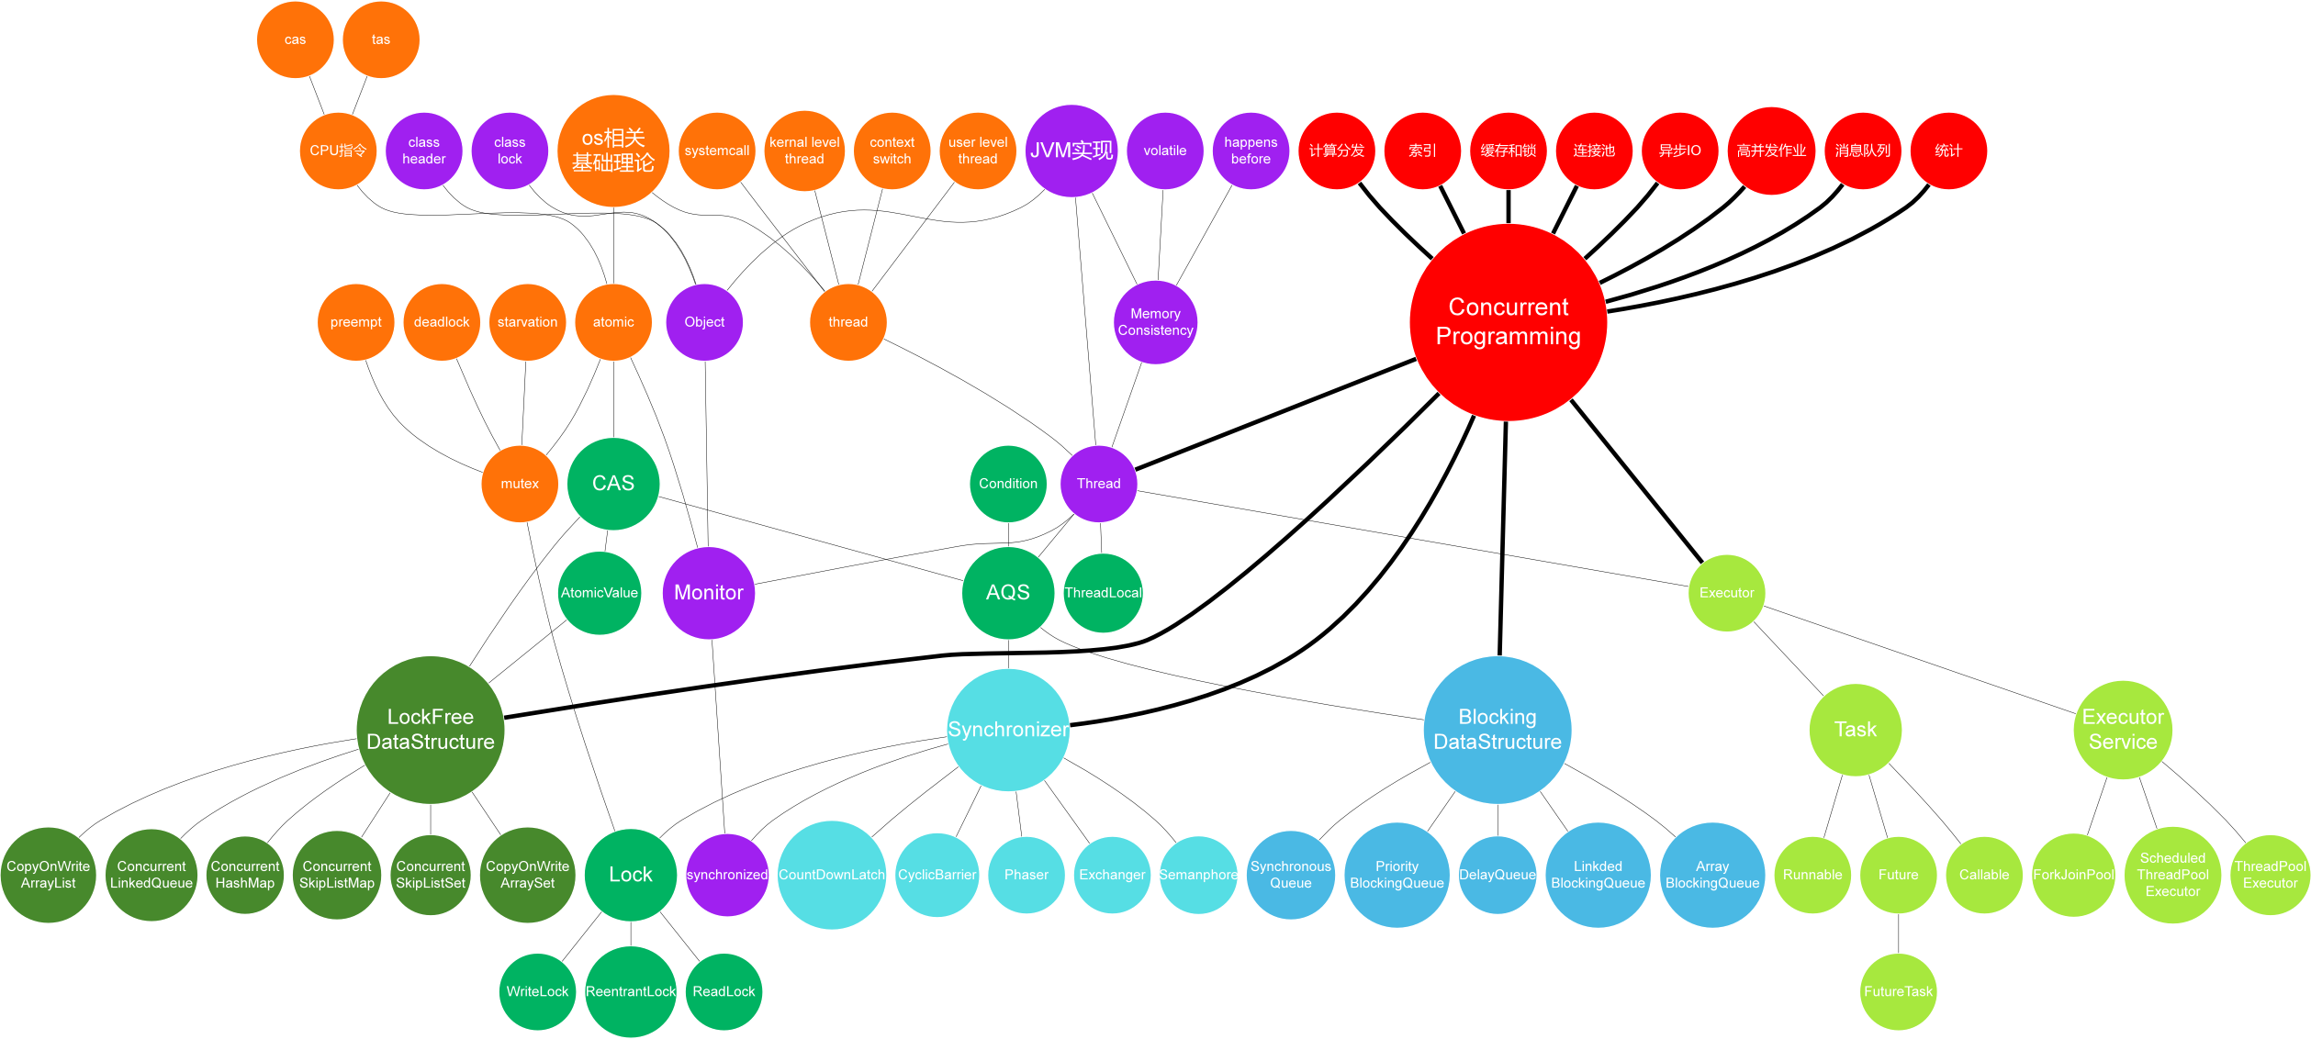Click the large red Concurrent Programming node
1508,322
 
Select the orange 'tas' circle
381,39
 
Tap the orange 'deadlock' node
442,322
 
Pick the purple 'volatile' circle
1164,151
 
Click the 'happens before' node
1251,151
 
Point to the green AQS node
1007,592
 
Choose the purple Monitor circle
708,592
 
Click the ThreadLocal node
1103,592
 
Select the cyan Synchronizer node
1007,730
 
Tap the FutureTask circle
1898,991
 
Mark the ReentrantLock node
631,991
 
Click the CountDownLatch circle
831,875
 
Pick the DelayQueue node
1497,875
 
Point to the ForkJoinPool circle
2073,875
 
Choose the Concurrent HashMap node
245,875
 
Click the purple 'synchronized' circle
726,875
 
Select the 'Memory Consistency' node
1155,322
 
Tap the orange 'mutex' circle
520,484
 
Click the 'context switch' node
892,151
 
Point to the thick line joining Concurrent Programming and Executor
1637,481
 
